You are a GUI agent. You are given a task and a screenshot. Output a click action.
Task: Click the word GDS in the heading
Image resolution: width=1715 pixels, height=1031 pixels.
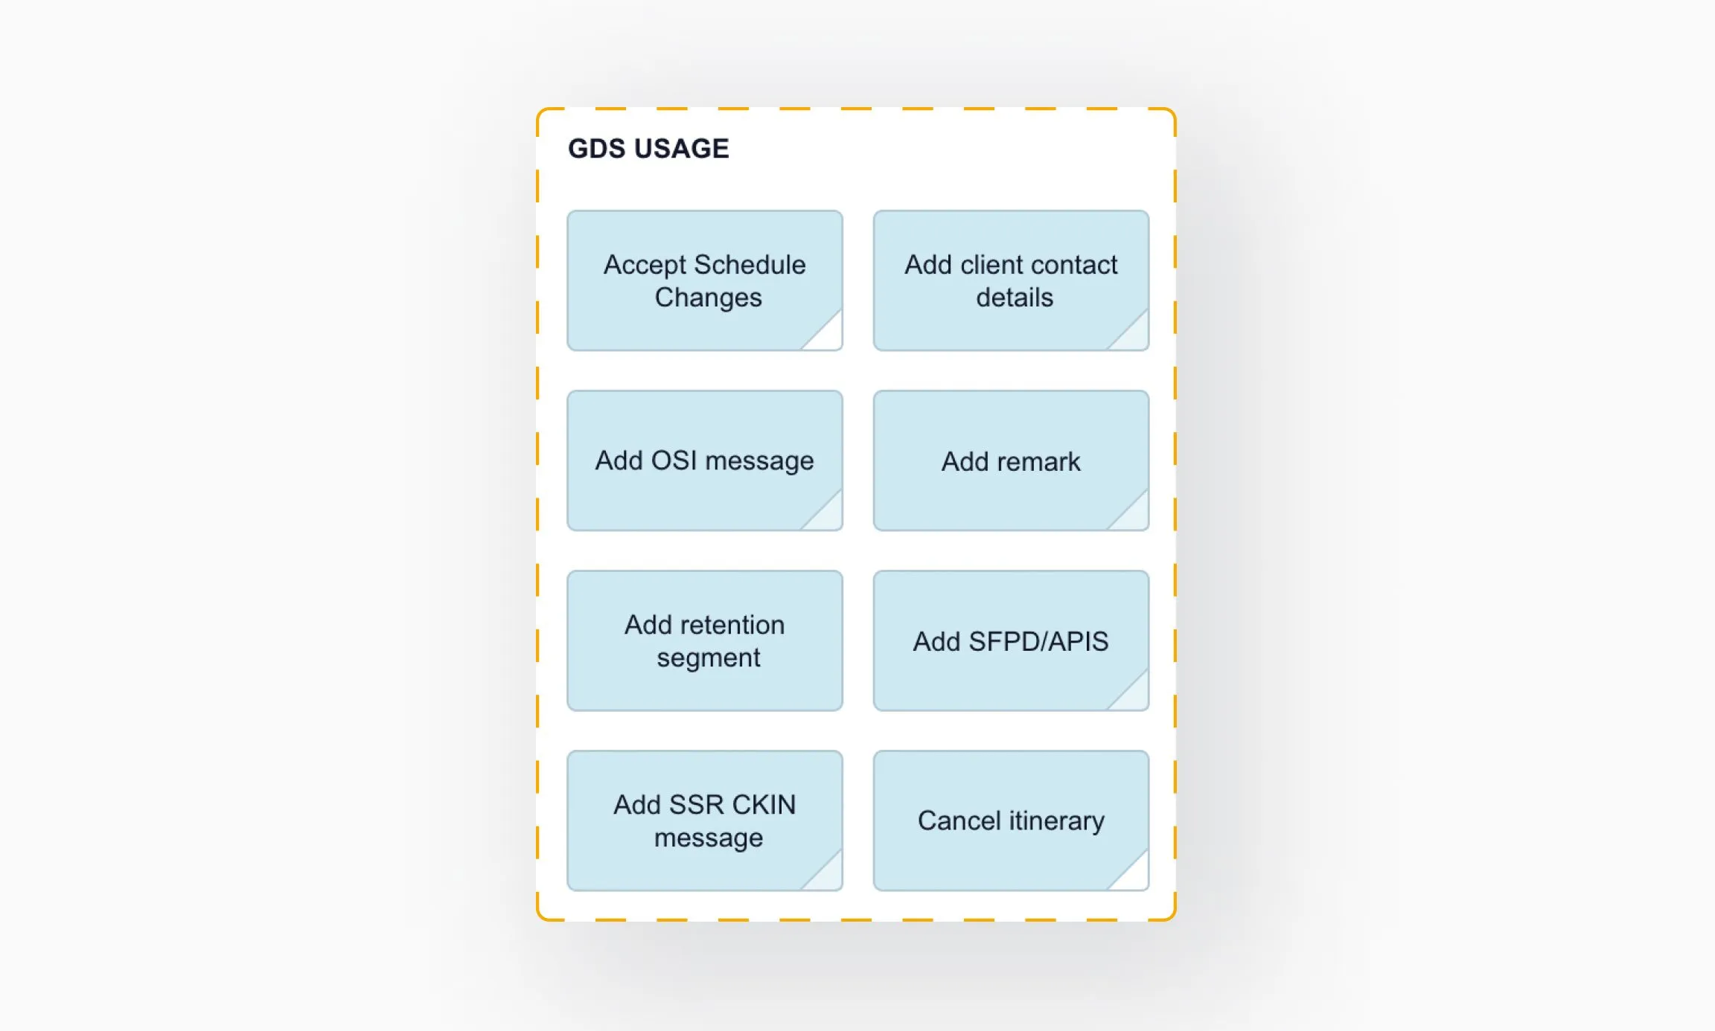pyautogui.click(x=595, y=149)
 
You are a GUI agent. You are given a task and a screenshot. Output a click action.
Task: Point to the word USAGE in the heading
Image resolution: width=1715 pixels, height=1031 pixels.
pyautogui.click(x=681, y=149)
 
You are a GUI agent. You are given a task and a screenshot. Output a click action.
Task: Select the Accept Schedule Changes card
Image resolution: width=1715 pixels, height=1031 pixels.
pyautogui.click(x=704, y=280)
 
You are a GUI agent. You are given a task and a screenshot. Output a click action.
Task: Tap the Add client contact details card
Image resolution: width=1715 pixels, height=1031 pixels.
pyautogui.click(x=1010, y=280)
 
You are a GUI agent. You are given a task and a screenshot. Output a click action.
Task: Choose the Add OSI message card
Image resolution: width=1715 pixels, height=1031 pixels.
pyautogui.click(x=704, y=460)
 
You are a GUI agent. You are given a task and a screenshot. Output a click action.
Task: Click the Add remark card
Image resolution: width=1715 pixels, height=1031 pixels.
pyautogui.click(x=1010, y=461)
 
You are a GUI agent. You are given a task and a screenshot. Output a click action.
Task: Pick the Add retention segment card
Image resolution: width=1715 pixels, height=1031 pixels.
pyautogui.click(x=704, y=640)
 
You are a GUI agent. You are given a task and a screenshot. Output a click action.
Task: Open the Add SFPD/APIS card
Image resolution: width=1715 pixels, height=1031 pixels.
pyautogui.click(x=1010, y=640)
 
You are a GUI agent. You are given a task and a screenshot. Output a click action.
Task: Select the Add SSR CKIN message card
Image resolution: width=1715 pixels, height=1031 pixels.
pyautogui.click(x=704, y=820)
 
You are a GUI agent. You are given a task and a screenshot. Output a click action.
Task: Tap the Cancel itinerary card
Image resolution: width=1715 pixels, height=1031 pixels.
pyautogui.click(x=1010, y=820)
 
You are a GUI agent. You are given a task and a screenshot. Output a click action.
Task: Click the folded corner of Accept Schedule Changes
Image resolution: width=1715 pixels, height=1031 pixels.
pyautogui.click(x=827, y=335)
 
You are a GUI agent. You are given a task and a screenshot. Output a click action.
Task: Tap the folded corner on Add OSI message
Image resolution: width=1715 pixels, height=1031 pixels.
pyautogui.click(x=827, y=515)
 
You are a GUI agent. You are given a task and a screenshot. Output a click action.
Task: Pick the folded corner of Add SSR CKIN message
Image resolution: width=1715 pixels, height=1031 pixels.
pyautogui.click(x=827, y=876)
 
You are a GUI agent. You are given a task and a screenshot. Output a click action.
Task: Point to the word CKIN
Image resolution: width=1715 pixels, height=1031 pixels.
pyautogui.click(x=763, y=805)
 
